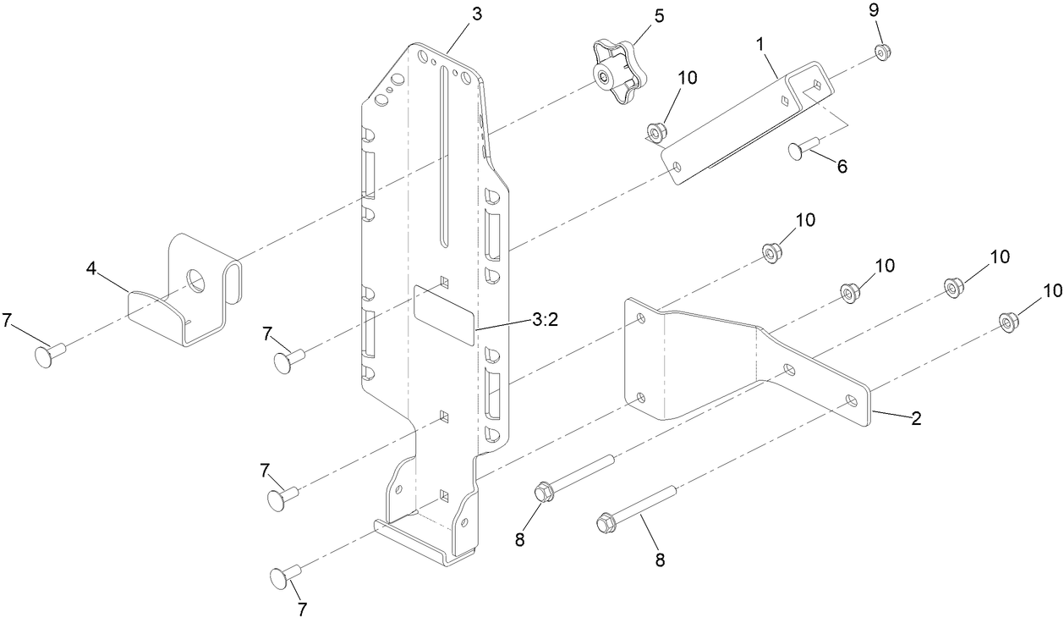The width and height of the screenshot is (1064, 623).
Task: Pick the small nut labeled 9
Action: pyautogui.click(x=882, y=53)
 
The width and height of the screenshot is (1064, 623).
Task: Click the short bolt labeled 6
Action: pyautogui.click(x=806, y=150)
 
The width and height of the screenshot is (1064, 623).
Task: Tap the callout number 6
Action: pyautogui.click(x=842, y=167)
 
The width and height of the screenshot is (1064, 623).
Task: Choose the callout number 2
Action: pyautogui.click(x=916, y=418)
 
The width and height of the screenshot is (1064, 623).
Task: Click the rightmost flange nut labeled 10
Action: pyautogui.click(x=1006, y=322)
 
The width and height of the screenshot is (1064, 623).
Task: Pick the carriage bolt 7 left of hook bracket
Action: pyautogui.click(x=52, y=354)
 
